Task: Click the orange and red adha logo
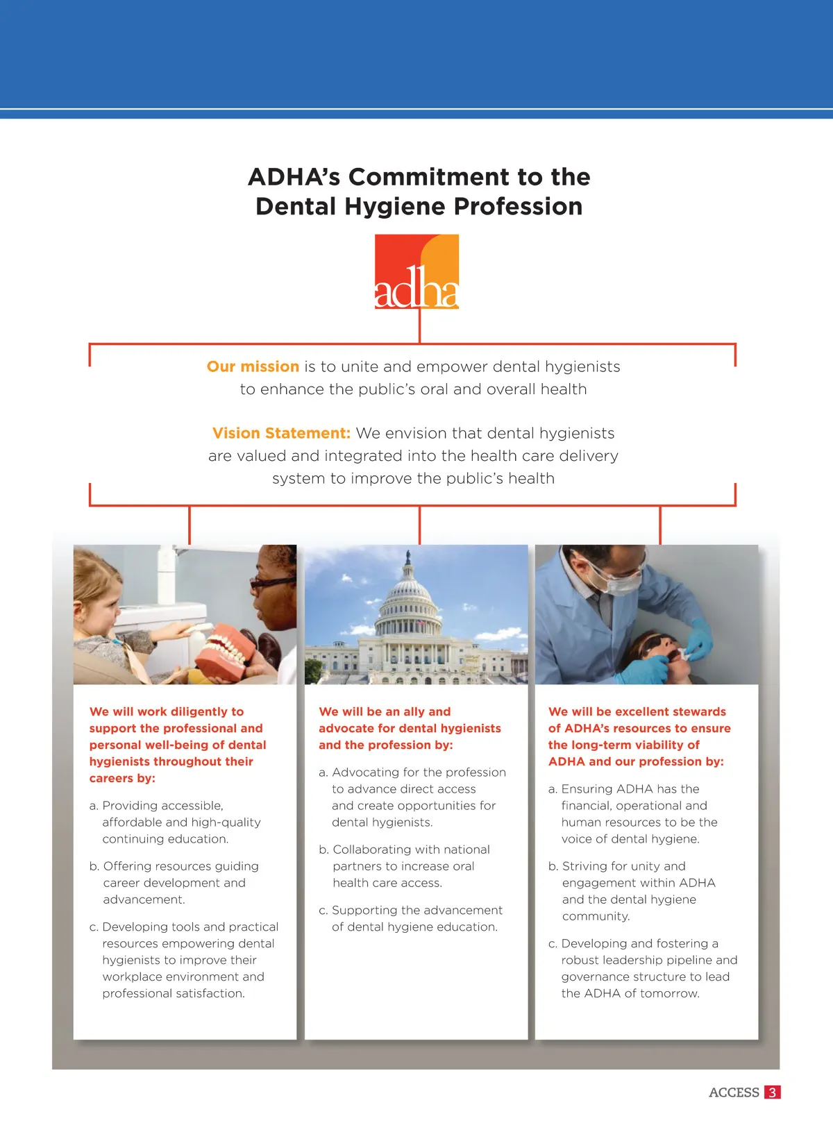(416, 271)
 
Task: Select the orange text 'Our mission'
(253, 366)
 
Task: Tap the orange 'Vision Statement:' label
(281, 433)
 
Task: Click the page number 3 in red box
(772, 1092)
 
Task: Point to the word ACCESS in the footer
(734, 1092)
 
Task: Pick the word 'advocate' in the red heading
(344, 728)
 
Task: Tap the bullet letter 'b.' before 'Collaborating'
(324, 850)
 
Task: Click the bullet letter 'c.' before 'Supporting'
(323, 910)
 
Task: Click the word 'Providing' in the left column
(128, 805)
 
